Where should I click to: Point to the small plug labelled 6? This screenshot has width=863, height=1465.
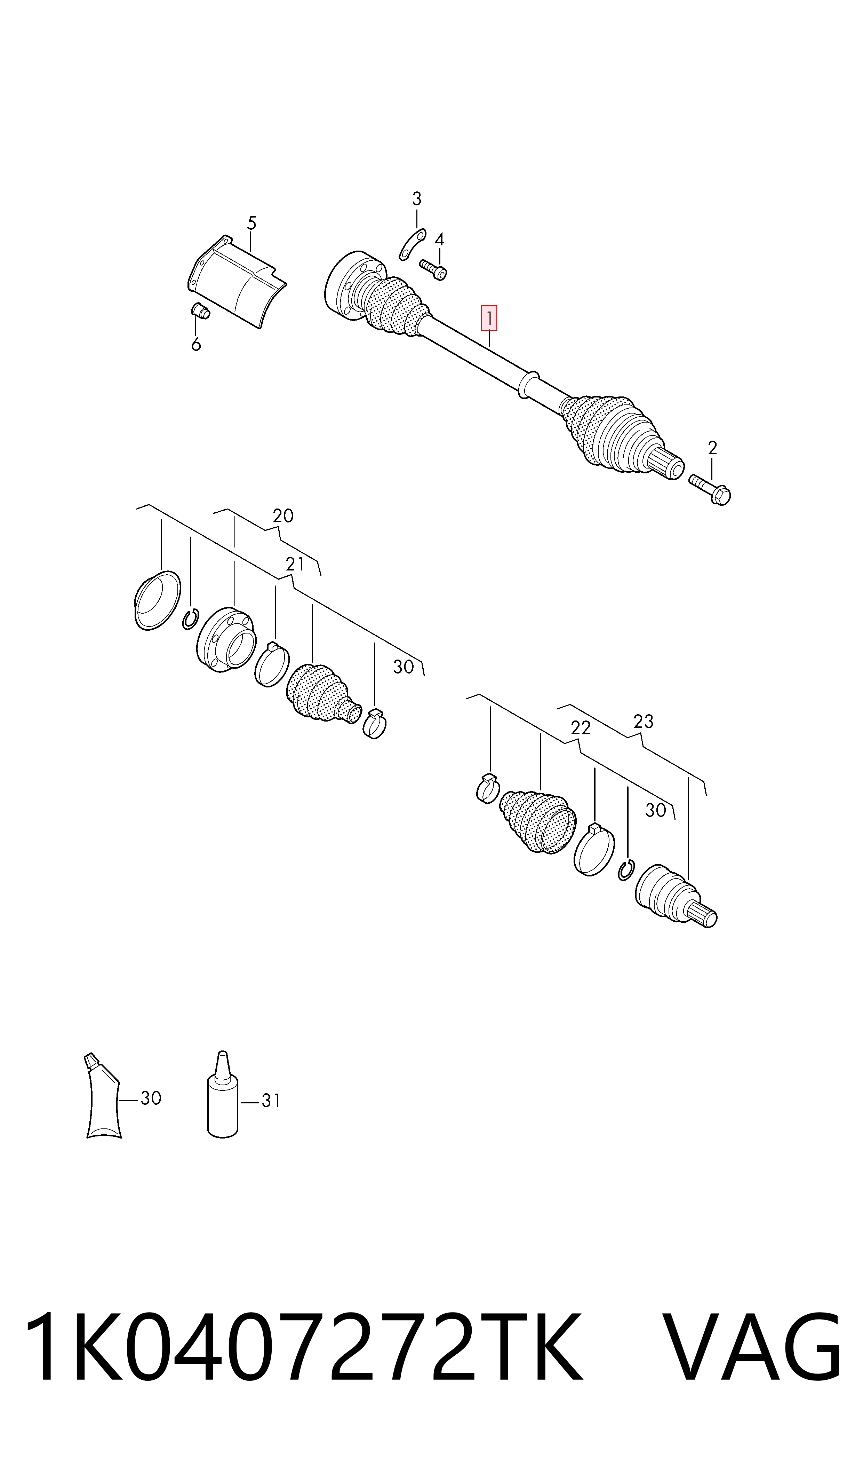click(201, 311)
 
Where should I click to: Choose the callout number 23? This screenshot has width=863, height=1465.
click(643, 722)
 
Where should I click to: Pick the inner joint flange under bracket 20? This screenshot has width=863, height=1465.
click(226, 640)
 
